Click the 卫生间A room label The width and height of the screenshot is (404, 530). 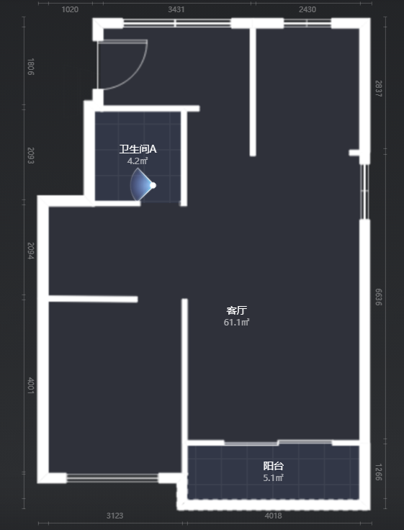(x=138, y=149)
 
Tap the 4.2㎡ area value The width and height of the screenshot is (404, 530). (x=138, y=161)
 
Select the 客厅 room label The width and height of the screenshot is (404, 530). (x=237, y=310)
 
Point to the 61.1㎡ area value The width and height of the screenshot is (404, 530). (x=236, y=323)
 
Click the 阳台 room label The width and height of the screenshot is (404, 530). (x=273, y=466)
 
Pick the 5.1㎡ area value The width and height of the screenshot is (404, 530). (x=273, y=478)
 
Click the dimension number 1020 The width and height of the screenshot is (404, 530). (x=70, y=9)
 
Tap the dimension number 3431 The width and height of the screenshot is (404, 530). (x=176, y=9)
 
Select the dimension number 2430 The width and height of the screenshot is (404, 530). (x=308, y=9)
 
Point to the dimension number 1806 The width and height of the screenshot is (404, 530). (x=30, y=66)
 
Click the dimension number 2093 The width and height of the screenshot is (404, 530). (x=30, y=156)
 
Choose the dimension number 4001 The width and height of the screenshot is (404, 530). (x=30, y=386)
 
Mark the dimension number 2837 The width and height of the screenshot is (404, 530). (x=379, y=89)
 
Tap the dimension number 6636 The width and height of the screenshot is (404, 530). (x=379, y=297)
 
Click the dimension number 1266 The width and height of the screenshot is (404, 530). (x=379, y=472)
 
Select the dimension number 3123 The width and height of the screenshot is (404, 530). (x=115, y=516)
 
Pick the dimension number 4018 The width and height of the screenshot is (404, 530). (x=273, y=516)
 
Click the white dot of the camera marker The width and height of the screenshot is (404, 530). (x=153, y=185)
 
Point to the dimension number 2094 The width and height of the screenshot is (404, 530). (x=30, y=251)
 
